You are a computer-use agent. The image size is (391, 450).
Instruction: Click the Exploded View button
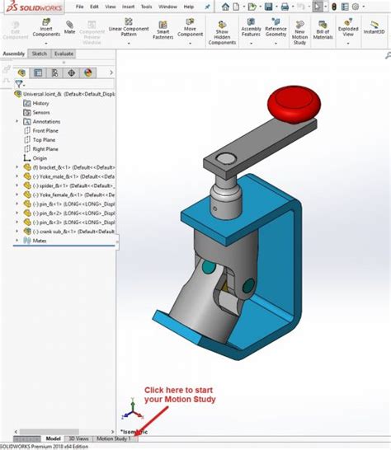coord(347,33)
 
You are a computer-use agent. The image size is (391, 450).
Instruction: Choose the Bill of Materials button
coord(323,33)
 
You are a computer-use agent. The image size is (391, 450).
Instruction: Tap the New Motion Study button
coord(300,33)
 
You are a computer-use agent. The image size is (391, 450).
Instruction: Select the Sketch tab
coord(39,54)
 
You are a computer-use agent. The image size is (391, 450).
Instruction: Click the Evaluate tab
coord(64,54)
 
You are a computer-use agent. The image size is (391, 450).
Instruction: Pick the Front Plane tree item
coord(45,130)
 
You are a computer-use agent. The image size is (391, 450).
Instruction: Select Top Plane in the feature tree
coord(44,140)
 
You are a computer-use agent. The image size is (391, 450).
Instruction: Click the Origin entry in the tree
coord(40,158)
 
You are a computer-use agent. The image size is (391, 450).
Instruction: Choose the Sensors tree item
coord(41,112)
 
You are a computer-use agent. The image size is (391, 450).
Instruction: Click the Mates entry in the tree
coord(39,241)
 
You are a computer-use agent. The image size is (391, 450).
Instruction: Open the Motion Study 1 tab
coord(114,438)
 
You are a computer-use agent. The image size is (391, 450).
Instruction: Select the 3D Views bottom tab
coord(79,438)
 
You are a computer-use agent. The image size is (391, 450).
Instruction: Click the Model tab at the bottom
coord(53,438)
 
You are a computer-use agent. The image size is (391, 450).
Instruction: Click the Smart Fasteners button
coord(162,33)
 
